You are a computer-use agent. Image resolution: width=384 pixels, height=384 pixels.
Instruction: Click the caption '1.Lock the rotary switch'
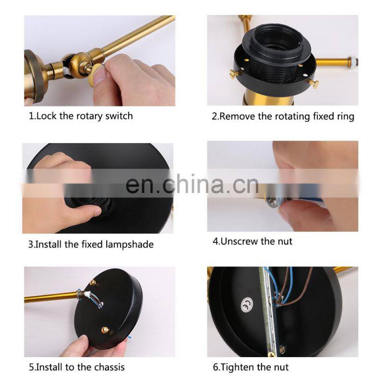pyautogui.click(x=81, y=116)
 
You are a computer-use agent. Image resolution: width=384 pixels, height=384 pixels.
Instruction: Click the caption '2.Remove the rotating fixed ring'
pyautogui.click(x=283, y=116)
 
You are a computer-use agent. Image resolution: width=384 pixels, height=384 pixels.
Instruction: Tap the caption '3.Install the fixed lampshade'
pyautogui.click(x=91, y=244)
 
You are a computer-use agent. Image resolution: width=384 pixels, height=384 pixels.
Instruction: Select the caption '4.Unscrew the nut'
pyautogui.click(x=252, y=241)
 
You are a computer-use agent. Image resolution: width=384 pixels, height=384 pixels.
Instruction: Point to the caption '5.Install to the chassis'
pyautogui.click(x=77, y=367)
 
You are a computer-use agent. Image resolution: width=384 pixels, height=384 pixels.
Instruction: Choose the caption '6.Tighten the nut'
pyautogui.click(x=251, y=367)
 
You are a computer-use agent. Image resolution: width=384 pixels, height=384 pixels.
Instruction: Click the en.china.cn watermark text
pyautogui.click(x=192, y=184)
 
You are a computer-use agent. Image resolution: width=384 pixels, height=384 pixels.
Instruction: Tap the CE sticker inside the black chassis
pyautogui.click(x=247, y=305)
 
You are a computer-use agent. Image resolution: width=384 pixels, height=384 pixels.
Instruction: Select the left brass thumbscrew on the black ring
pyautogui.click(x=234, y=74)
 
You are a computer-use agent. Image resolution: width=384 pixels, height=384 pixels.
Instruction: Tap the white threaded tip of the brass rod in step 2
pyautogui.click(x=354, y=61)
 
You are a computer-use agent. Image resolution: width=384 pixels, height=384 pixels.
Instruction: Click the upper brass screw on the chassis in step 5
pyautogui.click(x=93, y=283)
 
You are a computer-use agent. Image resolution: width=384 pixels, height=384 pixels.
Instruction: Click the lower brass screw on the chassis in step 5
pyautogui.click(x=105, y=330)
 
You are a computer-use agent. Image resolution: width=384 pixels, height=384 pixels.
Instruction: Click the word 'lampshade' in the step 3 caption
pyautogui.click(x=130, y=244)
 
